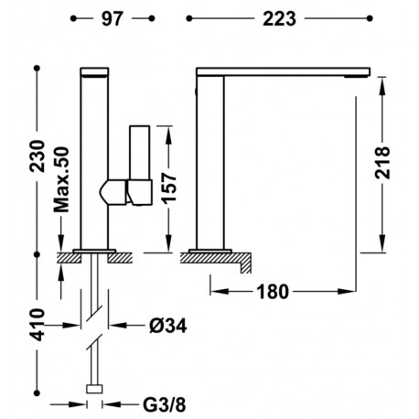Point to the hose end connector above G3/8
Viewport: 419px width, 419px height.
pos(93,390)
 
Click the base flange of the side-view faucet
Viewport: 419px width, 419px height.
pos(211,249)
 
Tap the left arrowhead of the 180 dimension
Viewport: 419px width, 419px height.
pos(216,292)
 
